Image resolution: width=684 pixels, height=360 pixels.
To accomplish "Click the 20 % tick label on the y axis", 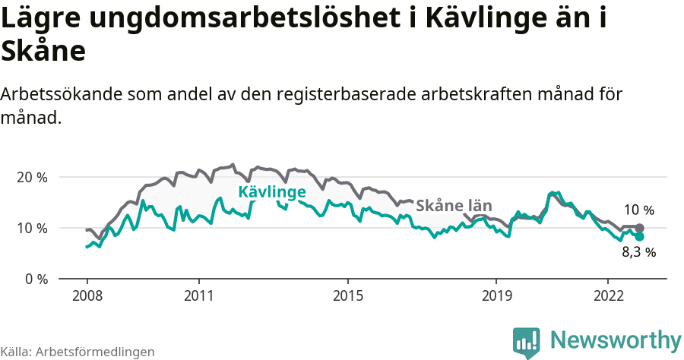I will click(30, 177).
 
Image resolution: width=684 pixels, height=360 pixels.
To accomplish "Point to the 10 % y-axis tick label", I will click(30, 228).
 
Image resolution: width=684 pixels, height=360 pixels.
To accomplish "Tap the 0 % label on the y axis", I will click(34, 279).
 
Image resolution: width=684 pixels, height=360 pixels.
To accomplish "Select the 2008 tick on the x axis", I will click(87, 295).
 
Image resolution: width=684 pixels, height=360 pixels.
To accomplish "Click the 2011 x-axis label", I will click(198, 295).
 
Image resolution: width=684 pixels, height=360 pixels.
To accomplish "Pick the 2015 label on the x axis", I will click(347, 295).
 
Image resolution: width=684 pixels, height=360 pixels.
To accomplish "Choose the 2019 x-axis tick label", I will click(496, 295).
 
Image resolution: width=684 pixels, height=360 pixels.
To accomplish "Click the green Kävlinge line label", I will click(272, 192).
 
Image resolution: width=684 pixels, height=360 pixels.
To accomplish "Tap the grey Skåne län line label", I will click(454, 206).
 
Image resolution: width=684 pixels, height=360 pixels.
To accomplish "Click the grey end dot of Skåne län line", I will click(639, 228).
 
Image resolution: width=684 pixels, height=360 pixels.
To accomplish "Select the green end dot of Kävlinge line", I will click(639, 236).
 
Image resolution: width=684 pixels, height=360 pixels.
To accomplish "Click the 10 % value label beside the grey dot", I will click(638, 210).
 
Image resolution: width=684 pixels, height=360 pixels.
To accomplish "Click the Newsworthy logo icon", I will click(527, 342).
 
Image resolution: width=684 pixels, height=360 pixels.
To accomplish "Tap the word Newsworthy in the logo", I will click(616, 339).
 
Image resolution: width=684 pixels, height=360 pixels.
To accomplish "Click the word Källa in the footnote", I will click(14, 352).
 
